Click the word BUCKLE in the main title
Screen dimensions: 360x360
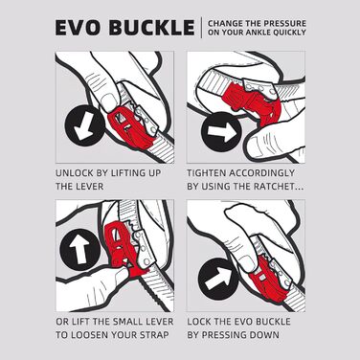point(152,28)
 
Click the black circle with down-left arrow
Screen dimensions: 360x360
point(84,125)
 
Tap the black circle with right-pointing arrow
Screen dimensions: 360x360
point(221,131)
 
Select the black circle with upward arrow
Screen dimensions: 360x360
point(79,249)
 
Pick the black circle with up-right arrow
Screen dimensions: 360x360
point(218,279)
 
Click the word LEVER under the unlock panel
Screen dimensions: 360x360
point(90,187)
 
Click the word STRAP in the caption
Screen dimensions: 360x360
point(156,335)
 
